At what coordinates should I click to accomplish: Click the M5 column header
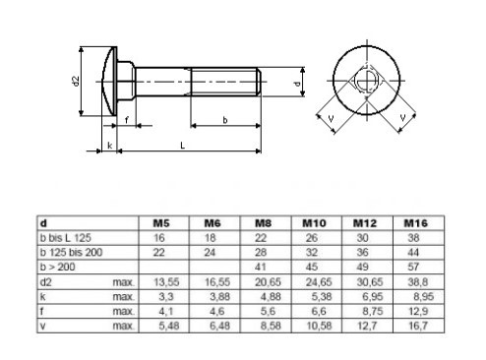point(161,223)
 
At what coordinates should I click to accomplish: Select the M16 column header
point(415,223)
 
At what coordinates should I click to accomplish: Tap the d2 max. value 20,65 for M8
point(268,282)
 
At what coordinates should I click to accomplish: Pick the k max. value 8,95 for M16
point(423,297)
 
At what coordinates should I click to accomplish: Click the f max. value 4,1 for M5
point(166,311)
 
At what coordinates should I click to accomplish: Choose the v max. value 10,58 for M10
point(319,326)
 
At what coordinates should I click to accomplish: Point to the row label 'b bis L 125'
point(65,238)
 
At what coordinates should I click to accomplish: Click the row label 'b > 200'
point(57,267)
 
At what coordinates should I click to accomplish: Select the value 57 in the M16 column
point(413,267)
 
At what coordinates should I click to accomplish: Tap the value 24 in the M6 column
point(210,253)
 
